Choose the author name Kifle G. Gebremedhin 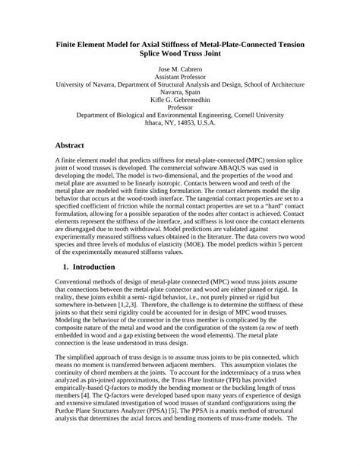point(179,110)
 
